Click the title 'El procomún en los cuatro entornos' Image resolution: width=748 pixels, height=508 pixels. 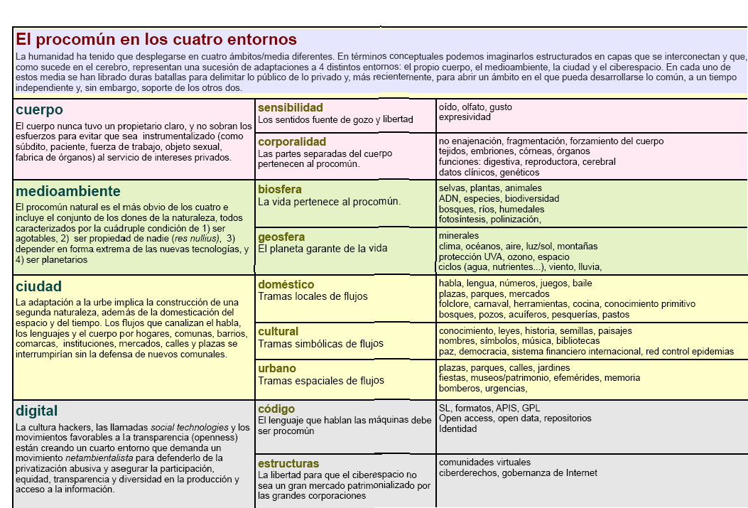point(156,40)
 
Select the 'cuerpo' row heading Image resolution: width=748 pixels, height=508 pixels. point(39,110)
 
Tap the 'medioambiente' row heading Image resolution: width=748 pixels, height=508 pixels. point(68,191)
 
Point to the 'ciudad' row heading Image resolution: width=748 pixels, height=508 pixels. point(38,286)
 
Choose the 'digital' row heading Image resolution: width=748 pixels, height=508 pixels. point(37,411)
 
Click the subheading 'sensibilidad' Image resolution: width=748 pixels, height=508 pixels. point(291,107)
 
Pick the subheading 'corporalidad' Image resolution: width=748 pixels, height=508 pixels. point(292,141)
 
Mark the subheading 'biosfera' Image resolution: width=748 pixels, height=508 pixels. point(280,190)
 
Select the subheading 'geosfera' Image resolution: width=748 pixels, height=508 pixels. point(281,237)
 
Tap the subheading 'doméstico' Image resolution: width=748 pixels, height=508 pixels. point(286,284)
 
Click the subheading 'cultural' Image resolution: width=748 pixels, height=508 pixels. point(278,331)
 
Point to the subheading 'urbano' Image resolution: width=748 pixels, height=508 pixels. point(277,369)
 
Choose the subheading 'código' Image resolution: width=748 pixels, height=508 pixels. point(276,409)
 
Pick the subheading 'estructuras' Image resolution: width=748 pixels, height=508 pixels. point(288,463)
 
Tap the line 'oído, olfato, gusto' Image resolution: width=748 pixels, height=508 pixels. point(475,107)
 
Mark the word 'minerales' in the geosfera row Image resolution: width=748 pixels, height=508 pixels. point(459,236)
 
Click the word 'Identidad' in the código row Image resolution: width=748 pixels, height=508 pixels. point(458,429)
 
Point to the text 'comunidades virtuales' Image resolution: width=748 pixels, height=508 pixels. point(484,463)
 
